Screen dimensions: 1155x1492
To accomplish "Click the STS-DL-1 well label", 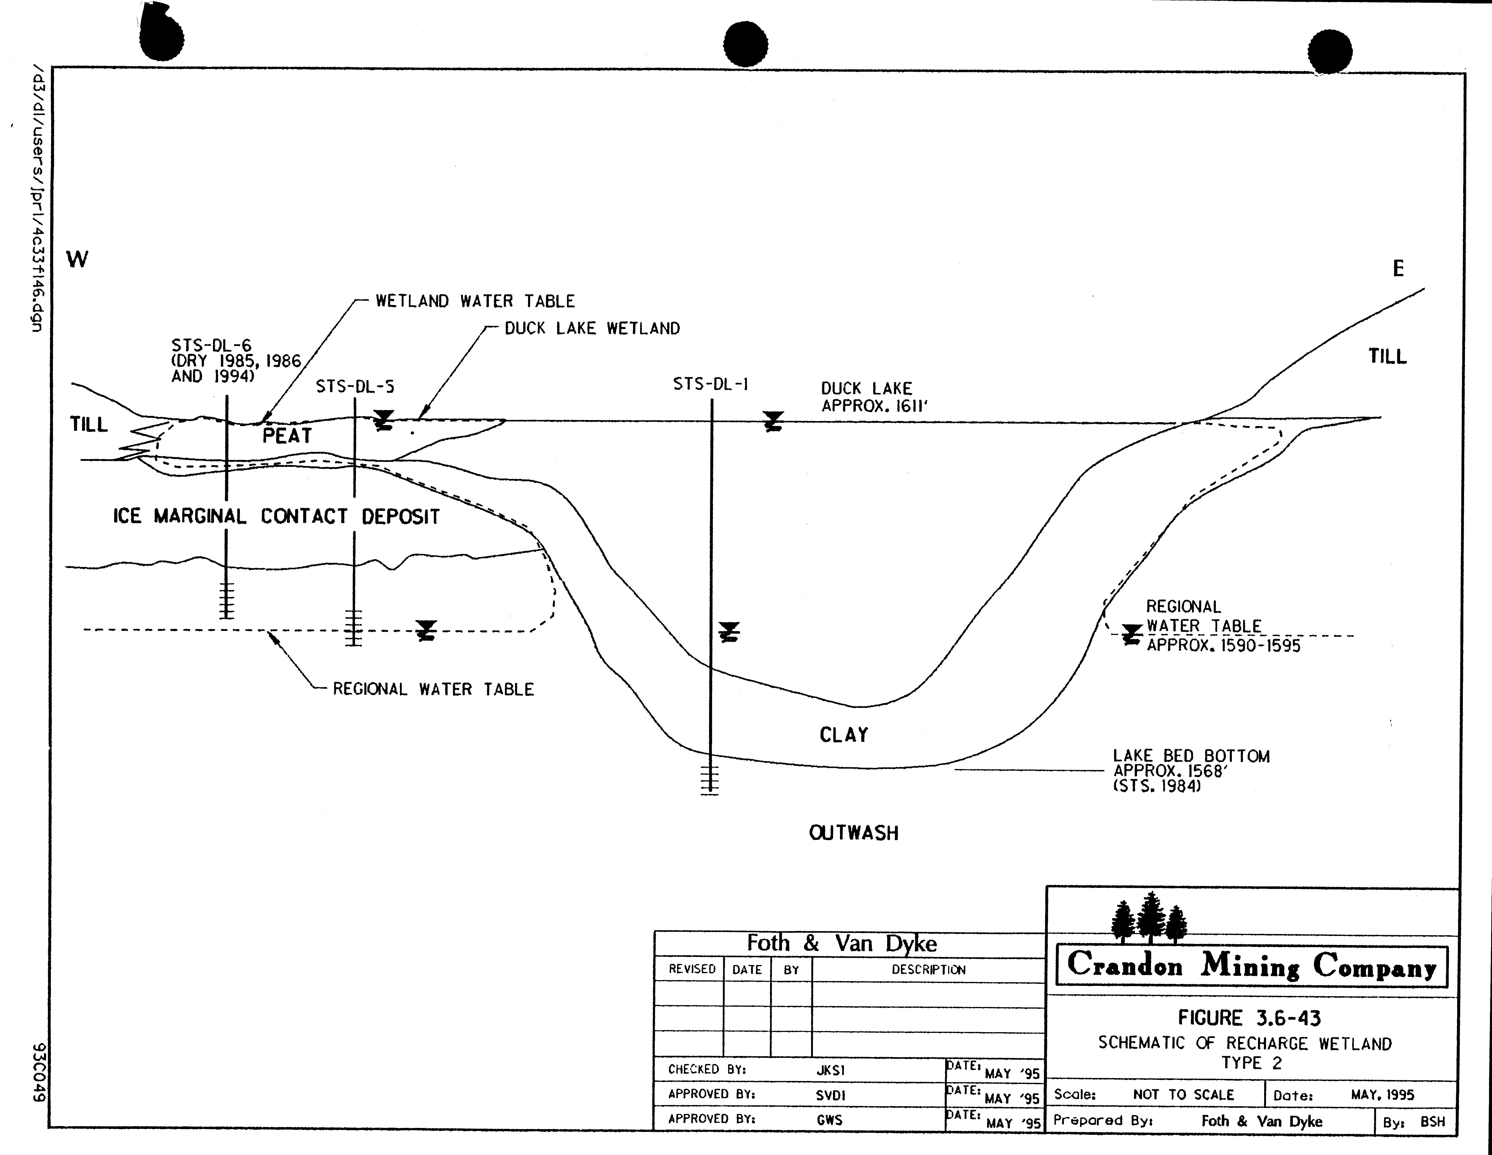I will tap(710, 385).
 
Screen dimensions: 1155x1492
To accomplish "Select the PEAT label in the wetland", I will tap(287, 436).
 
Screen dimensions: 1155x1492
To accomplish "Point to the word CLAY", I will tap(844, 735).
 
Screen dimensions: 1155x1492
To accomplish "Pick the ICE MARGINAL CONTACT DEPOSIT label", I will tap(276, 516).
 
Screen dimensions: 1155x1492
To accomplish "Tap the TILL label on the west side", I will tap(89, 425).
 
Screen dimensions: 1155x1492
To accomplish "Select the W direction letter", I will tap(77, 260).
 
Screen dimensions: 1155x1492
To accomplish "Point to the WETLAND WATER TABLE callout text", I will tap(475, 301).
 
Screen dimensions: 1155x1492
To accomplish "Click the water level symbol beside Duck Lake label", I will tap(773, 421).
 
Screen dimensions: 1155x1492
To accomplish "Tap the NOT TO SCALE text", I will tap(1183, 1095).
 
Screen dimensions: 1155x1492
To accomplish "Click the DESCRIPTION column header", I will tap(928, 970).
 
